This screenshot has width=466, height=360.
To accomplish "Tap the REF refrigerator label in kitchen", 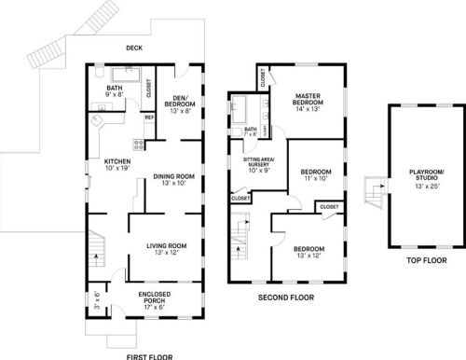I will click(149, 118).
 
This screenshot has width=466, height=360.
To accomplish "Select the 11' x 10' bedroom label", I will click(316, 175).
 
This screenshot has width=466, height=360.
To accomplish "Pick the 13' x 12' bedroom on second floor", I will click(309, 251).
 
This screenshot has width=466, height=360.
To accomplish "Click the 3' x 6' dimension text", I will click(96, 300).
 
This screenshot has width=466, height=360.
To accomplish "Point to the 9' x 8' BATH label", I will click(116, 91).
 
